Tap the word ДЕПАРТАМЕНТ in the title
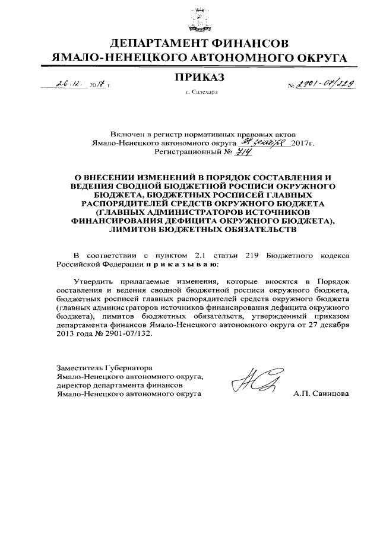[x=159, y=43]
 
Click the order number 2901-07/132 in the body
[x=122, y=333]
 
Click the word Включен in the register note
[x=126, y=135]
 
